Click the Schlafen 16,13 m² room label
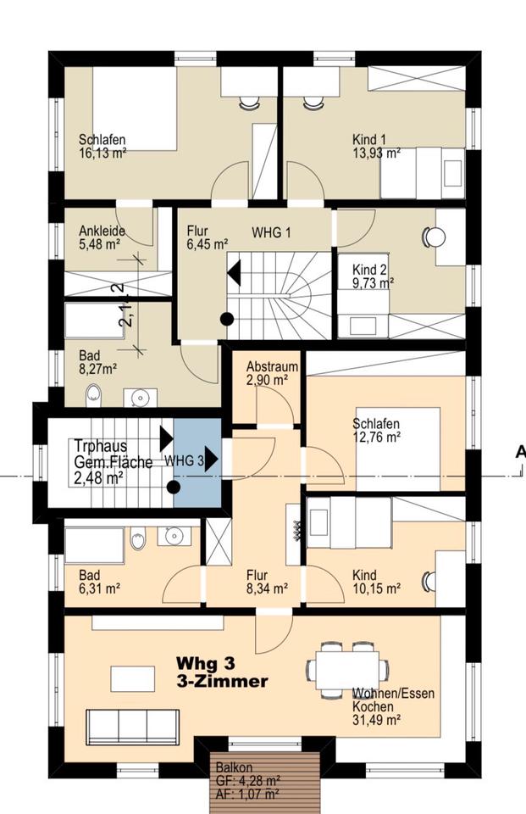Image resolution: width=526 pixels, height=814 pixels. click(102, 147)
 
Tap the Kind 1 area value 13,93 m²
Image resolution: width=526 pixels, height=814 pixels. click(376, 153)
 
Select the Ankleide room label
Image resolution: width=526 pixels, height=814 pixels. click(102, 231)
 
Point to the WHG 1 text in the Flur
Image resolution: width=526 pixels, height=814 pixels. click(271, 232)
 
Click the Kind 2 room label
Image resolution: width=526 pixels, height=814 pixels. click(370, 270)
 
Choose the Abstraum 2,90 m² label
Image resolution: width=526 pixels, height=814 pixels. click(273, 373)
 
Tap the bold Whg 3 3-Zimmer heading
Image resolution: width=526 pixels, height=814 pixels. click(222, 672)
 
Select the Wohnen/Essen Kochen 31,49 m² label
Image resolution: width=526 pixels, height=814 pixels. click(393, 706)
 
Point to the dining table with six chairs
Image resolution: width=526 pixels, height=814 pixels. click(346, 669)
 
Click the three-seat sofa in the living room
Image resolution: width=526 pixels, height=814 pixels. click(133, 727)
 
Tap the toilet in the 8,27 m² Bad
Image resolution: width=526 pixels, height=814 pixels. click(93, 394)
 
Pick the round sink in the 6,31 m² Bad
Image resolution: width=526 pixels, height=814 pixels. click(174, 535)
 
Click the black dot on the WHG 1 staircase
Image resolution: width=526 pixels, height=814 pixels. click(227, 320)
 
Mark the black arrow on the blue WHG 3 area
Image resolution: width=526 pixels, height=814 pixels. click(211, 459)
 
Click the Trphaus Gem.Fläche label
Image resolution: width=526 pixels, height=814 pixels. click(114, 461)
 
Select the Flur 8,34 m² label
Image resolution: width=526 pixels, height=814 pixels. click(267, 582)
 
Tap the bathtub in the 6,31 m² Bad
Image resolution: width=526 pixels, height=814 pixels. click(94, 545)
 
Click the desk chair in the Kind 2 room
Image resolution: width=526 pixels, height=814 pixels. click(435, 237)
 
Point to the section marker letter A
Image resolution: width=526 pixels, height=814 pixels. click(520, 452)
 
